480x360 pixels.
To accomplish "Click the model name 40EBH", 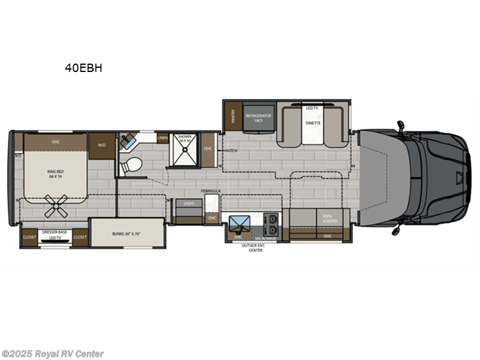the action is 83,68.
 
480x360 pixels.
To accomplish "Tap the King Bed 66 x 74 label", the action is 55,174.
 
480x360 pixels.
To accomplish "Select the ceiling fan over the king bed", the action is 58,205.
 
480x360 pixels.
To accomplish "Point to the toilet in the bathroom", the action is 131,165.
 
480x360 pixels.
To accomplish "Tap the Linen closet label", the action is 163,138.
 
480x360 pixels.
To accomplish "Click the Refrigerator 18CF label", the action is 259,118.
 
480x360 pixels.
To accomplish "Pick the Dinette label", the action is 313,123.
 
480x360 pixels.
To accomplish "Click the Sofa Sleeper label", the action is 329,218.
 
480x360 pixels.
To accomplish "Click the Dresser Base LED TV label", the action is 55,236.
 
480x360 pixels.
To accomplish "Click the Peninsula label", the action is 211,191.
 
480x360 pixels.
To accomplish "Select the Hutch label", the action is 232,151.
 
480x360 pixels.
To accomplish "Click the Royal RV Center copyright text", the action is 53,354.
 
